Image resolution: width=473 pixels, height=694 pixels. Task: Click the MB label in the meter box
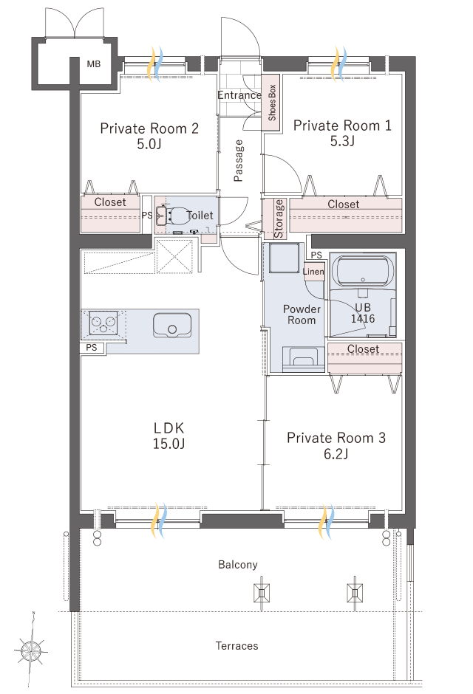(x=93, y=64)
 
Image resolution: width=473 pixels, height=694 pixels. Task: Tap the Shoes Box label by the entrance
(x=272, y=103)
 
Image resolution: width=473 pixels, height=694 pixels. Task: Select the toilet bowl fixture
(x=178, y=216)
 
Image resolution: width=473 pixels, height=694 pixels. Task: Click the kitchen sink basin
(x=172, y=326)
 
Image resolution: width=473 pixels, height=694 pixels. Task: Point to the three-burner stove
(x=103, y=323)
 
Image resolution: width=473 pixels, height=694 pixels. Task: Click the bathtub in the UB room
(x=363, y=270)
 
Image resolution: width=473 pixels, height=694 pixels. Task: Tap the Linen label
(x=313, y=271)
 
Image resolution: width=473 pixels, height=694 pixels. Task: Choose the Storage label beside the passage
(x=279, y=219)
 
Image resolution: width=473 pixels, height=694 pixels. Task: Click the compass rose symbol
(x=32, y=650)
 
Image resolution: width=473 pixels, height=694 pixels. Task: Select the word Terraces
(x=237, y=646)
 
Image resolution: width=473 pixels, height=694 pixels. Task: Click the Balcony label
(x=238, y=565)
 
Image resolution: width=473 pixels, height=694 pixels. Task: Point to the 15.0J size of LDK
(x=169, y=444)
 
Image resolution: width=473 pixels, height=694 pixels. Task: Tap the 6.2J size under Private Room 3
(x=336, y=453)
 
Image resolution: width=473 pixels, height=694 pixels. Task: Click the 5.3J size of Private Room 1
(x=342, y=141)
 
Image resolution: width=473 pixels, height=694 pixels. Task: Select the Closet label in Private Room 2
(x=110, y=202)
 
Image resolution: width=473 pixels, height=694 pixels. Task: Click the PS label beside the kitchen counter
(x=92, y=348)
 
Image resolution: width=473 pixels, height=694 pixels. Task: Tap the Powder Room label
(x=302, y=315)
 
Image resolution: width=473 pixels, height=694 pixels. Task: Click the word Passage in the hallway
(x=238, y=161)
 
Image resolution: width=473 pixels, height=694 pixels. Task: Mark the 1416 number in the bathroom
(x=363, y=319)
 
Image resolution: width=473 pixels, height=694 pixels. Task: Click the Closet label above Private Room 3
(x=363, y=349)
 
